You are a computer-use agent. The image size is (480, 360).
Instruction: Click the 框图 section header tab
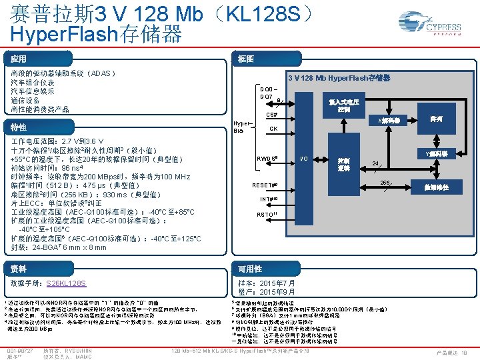click(246, 59)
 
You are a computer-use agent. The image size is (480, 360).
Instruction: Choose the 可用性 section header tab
click(250, 269)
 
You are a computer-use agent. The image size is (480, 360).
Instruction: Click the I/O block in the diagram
click(303, 158)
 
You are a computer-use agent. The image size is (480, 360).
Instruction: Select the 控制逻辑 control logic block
click(344, 164)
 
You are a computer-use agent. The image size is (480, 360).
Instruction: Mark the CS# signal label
click(272, 115)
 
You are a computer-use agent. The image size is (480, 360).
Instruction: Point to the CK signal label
click(273, 129)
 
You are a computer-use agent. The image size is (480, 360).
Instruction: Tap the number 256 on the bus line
click(385, 183)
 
